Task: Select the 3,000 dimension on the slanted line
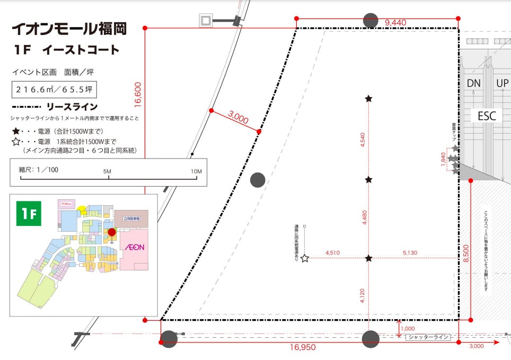(239, 118)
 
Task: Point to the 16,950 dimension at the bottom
(303, 347)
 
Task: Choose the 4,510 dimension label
(333, 253)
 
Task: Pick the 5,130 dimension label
(410, 253)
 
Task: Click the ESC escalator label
(486, 116)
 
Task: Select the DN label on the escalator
(473, 83)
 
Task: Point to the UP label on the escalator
(503, 83)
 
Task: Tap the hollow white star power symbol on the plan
(305, 259)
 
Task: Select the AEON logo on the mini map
(134, 247)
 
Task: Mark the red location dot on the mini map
(111, 232)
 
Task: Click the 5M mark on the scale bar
(108, 171)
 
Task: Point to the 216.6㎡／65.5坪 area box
(55, 90)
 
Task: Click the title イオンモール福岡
(69, 29)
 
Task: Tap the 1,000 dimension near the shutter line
(409, 329)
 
